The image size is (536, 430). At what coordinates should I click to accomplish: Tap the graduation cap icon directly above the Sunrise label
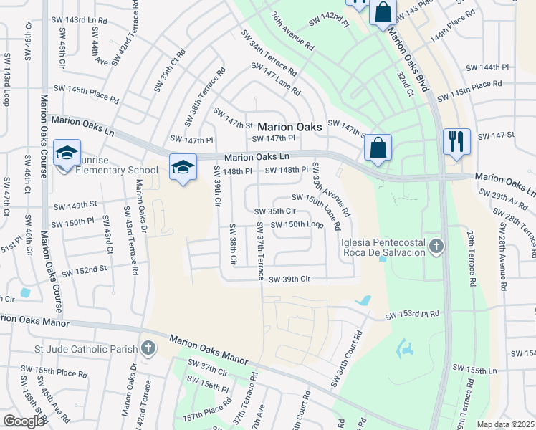click(67, 153)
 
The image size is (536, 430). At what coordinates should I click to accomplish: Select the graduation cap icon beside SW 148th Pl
click(183, 168)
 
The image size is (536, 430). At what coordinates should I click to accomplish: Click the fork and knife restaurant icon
click(456, 140)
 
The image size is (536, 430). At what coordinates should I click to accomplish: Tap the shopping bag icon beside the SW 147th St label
click(378, 148)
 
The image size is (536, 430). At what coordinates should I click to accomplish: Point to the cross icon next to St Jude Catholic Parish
click(148, 349)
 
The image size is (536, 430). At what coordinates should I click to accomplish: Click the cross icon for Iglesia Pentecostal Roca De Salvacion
click(436, 247)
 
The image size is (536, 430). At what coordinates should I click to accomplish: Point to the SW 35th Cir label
click(275, 211)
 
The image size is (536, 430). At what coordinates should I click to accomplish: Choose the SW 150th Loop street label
click(295, 224)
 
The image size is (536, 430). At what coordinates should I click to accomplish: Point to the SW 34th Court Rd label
click(345, 360)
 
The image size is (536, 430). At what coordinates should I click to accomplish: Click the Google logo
click(24, 421)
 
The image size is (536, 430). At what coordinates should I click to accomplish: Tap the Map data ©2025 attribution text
click(505, 424)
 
